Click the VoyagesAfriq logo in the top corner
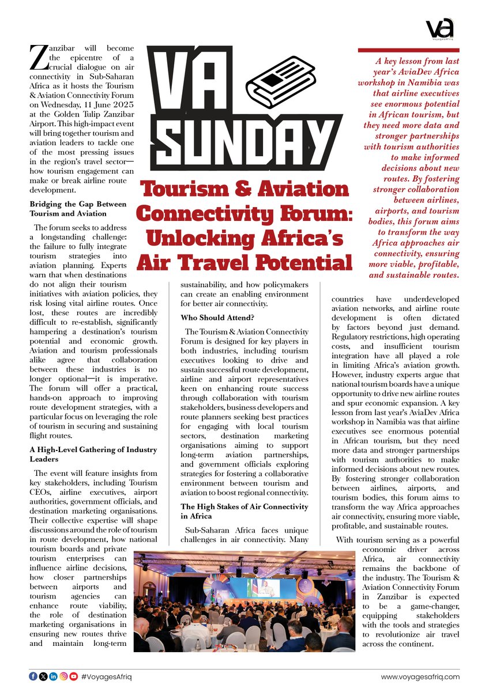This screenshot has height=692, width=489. tap(440, 28)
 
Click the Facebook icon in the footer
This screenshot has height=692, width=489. tap(33, 676)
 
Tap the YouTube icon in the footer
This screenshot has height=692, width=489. tap(74, 676)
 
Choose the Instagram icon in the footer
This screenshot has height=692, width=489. tap(63, 676)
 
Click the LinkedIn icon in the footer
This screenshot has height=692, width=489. tap(53, 676)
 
